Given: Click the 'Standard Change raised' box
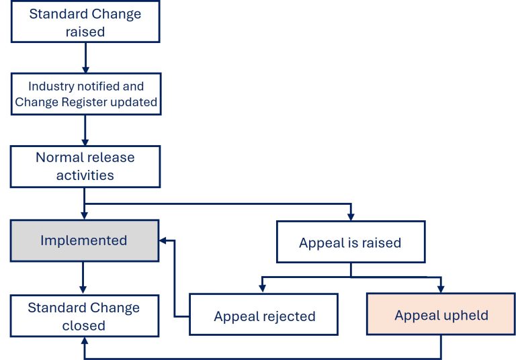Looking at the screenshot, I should coord(85,23).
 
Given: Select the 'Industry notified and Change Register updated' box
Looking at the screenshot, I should coord(85,95).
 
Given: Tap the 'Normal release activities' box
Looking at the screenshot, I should coord(85,167).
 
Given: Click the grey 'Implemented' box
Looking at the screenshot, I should coord(85,240).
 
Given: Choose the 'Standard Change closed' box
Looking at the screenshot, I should coord(85,316).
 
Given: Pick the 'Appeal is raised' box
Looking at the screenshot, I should coord(350,242).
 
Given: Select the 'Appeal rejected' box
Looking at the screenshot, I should coord(264,315).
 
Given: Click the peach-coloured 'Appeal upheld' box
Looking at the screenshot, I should coord(441,315).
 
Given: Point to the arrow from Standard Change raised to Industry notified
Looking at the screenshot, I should coord(85,59).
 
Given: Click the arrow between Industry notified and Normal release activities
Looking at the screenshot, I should coord(85,130).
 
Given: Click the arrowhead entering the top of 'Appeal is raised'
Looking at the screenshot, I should coord(350,216).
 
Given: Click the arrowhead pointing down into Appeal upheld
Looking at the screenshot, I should coord(441,289).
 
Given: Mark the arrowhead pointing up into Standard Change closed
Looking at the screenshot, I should coord(85,341).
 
